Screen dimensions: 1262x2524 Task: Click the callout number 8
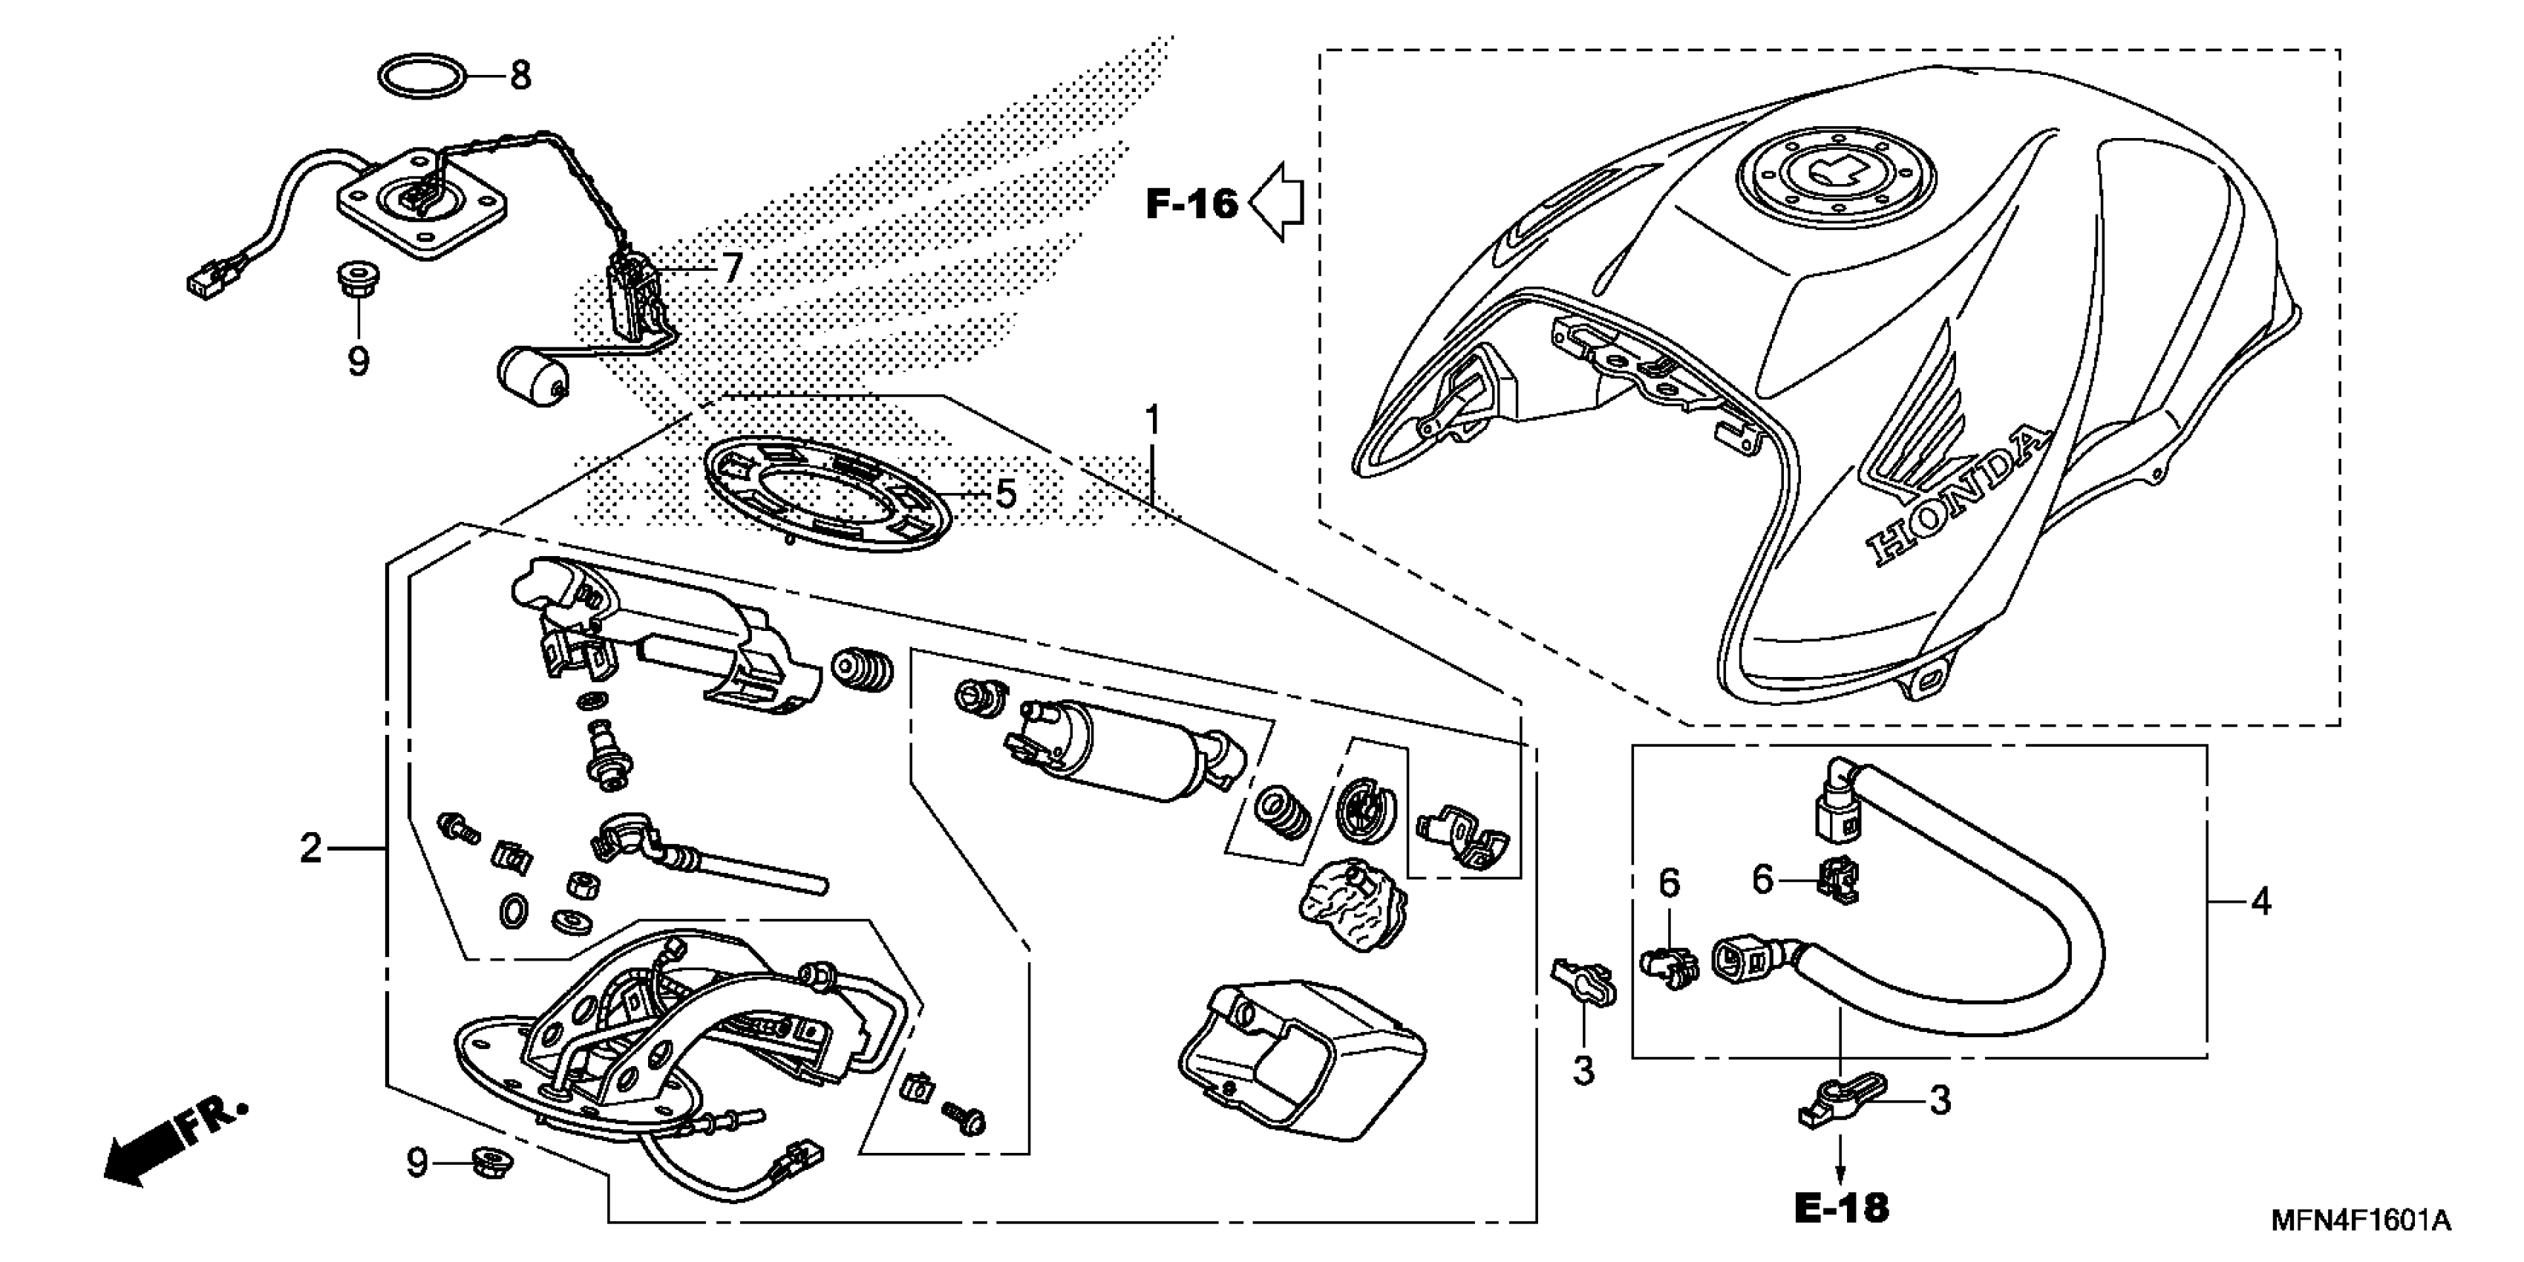click(x=520, y=76)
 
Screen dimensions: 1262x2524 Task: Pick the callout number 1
click(x=1152, y=420)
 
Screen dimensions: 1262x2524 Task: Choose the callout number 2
click(x=310, y=848)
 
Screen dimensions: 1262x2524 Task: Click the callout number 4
click(x=2260, y=900)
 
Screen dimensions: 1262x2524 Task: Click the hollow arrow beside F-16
click(x=1278, y=203)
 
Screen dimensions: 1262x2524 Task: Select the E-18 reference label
click(x=1841, y=1208)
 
